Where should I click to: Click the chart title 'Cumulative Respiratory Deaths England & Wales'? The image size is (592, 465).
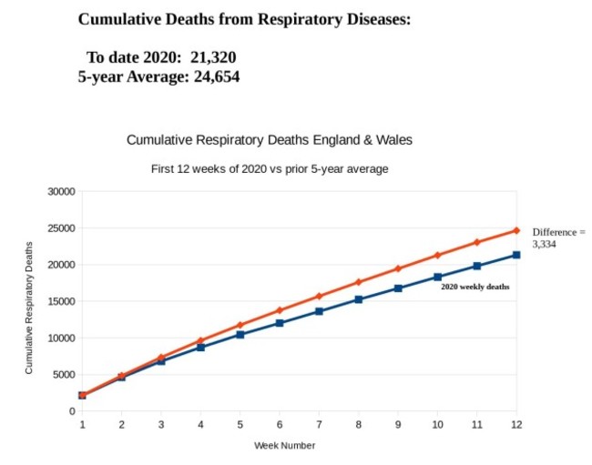[269, 141]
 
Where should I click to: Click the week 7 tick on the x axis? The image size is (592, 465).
[319, 424]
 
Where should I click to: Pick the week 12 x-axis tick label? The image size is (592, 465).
[515, 424]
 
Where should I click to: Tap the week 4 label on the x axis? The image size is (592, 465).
[200, 424]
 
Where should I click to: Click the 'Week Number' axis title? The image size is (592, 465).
[284, 445]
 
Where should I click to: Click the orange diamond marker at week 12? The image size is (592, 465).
[516, 230]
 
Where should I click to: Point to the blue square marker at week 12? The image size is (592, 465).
[516, 255]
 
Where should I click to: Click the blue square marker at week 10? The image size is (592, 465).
[437, 277]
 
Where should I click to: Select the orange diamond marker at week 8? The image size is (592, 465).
[358, 282]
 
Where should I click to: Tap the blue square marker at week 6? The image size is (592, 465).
[280, 323]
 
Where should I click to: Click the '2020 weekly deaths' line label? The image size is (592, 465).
[475, 287]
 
